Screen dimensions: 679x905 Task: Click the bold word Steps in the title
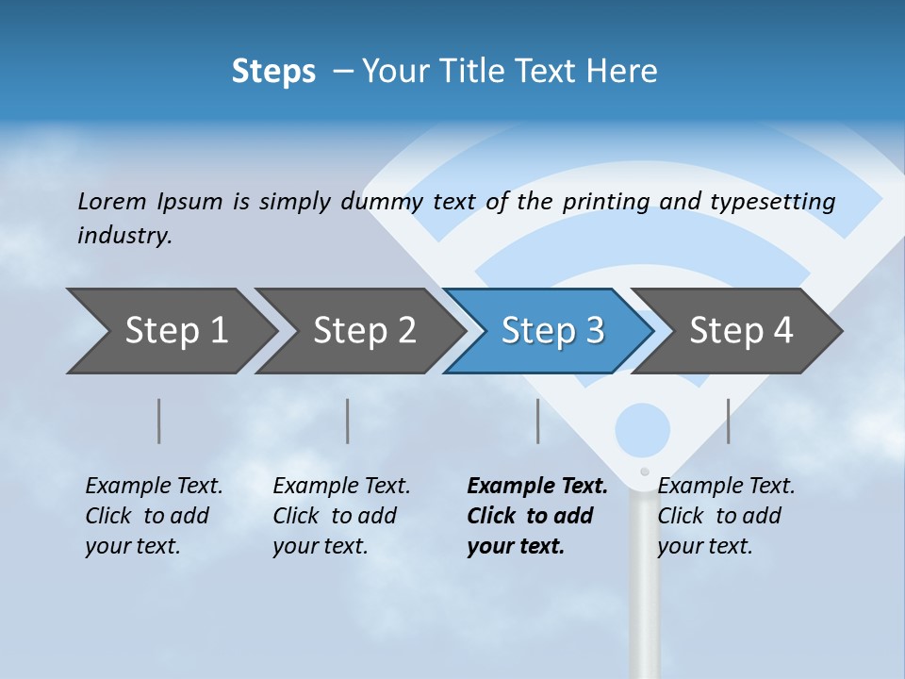[273, 72]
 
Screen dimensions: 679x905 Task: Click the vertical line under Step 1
[159, 421]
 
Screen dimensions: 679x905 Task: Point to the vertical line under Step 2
[348, 421]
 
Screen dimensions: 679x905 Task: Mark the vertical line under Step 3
[537, 421]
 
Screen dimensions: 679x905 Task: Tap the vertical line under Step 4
[728, 421]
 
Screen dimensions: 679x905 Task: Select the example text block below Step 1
[153, 516]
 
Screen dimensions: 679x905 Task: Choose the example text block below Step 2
[340, 516]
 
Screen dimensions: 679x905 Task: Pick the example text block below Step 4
[725, 516]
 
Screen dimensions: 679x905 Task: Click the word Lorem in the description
[112, 201]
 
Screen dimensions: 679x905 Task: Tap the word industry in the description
[123, 235]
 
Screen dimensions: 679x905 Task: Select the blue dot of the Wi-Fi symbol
[643, 429]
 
